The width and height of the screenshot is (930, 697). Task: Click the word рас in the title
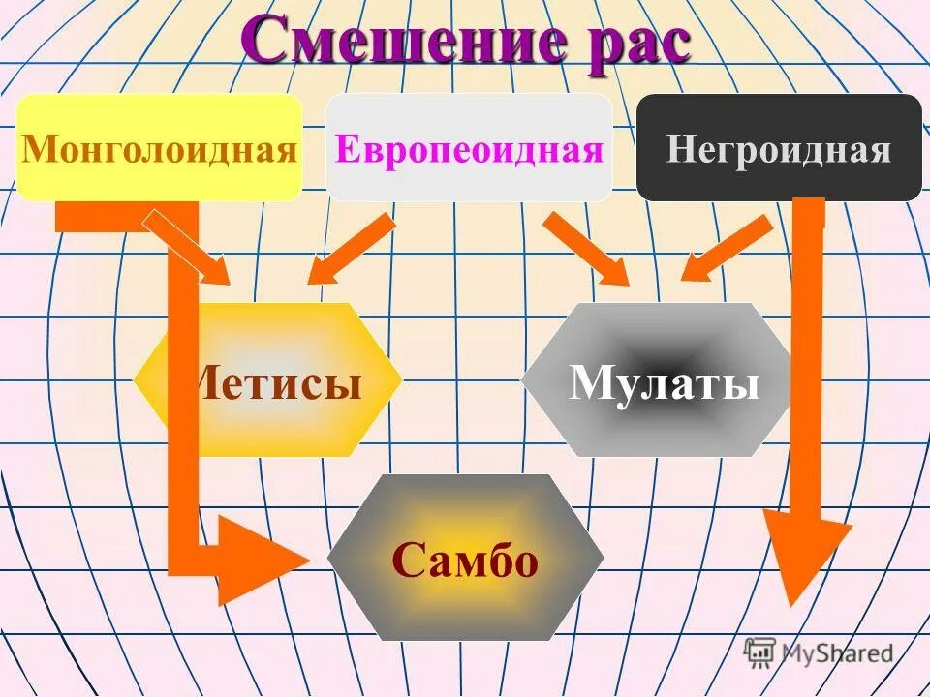[x=630, y=44]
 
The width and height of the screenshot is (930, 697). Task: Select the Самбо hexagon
[x=465, y=558]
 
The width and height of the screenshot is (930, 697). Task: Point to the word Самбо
[x=465, y=560]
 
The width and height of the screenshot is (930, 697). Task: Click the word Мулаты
[x=665, y=383]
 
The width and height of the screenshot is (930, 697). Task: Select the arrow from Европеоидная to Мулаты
[x=587, y=250]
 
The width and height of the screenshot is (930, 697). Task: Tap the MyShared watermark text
[x=838, y=652]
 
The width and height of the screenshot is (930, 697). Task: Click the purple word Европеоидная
[x=470, y=150]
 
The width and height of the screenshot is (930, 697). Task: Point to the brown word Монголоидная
[x=160, y=150]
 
